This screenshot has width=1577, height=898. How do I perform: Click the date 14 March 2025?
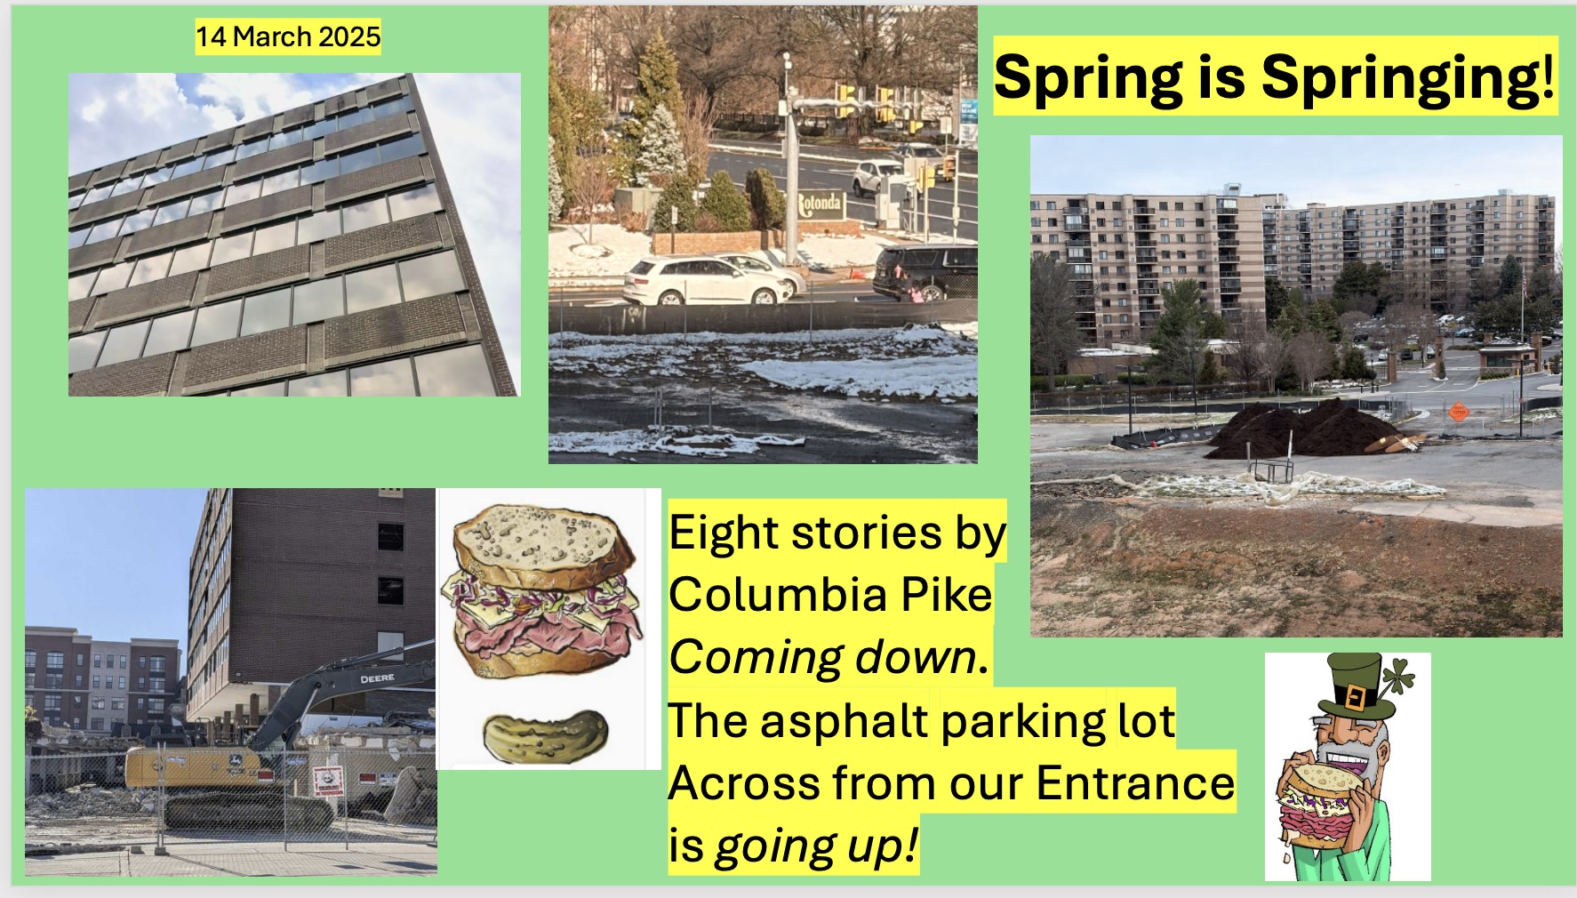[288, 36]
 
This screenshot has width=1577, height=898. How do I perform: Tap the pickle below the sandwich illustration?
[545, 735]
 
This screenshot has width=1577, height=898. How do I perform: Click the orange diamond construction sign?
[1458, 412]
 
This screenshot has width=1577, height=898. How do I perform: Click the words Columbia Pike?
[830, 595]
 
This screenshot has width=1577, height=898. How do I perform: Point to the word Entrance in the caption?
[1135, 783]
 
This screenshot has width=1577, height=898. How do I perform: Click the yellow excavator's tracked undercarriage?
[249, 811]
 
